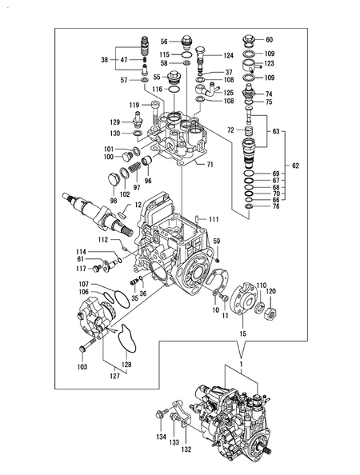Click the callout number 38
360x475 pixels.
(104, 60)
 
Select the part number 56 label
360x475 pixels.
(164, 42)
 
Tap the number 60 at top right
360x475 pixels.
(269, 39)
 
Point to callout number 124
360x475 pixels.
(228, 56)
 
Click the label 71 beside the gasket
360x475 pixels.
(210, 164)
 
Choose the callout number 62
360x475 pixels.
(295, 166)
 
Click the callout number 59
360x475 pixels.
(216, 241)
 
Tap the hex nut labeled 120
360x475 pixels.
(270, 305)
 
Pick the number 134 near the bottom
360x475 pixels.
(162, 437)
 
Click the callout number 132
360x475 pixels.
(187, 450)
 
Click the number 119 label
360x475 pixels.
(135, 105)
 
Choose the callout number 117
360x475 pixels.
(82, 268)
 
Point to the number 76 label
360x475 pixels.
(276, 206)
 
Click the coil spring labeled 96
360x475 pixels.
(146, 166)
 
